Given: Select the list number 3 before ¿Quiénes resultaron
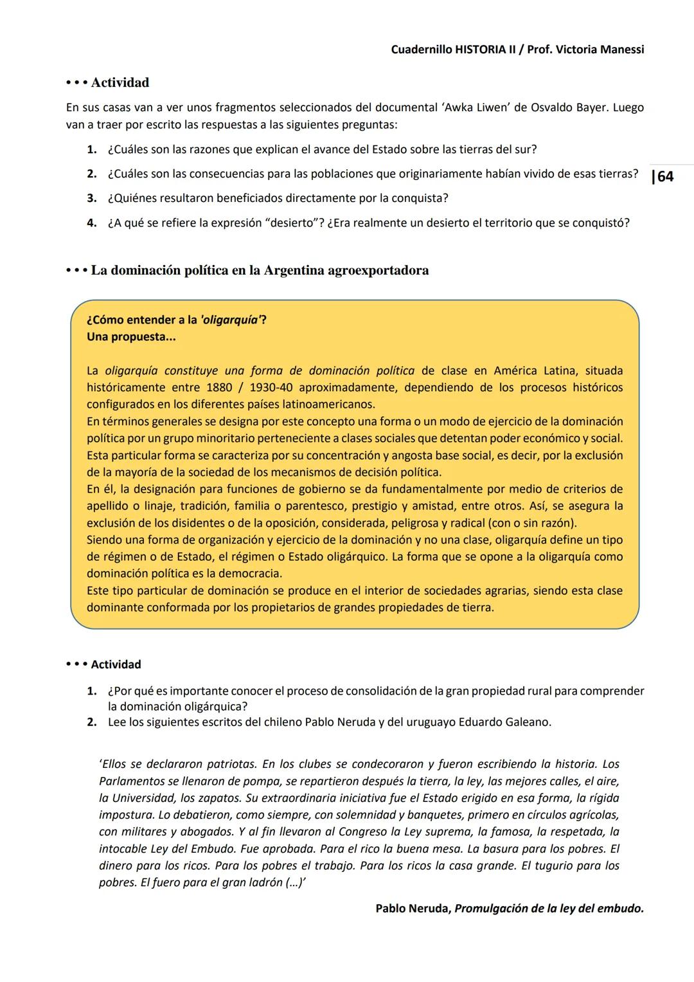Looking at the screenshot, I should (x=91, y=198).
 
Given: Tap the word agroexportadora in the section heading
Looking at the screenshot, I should (x=378, y=270).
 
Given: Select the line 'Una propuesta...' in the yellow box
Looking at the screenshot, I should (x=131, y=337).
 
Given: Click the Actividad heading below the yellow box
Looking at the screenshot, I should (x=116, y=664).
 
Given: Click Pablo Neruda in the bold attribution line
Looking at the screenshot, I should (x=413, y=909).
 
